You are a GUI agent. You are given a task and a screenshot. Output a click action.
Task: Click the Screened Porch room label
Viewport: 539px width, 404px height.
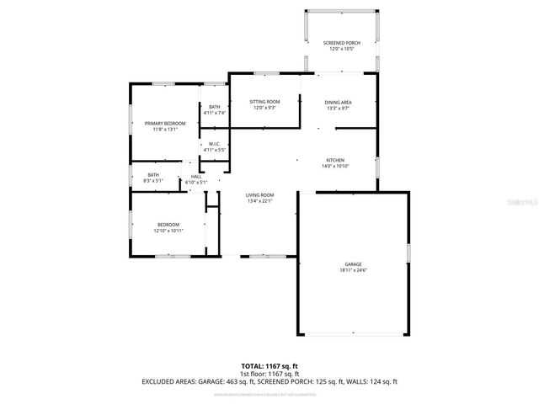click(x=341, y=42)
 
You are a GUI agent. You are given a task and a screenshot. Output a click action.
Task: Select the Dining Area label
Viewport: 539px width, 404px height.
click(x=337, y=102)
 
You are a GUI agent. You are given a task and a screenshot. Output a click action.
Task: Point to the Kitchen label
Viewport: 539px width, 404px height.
click(x=335, y=160)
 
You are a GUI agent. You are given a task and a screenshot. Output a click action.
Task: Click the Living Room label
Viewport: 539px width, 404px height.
click(x=260, y=194)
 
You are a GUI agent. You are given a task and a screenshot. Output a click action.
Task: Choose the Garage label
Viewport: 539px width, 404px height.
click(x=353, y=264)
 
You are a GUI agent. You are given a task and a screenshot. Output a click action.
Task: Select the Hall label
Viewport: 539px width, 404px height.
click(x=196, y=176)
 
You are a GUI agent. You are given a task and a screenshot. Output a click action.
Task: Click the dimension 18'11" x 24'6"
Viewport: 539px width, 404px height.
click(x=353, y=270)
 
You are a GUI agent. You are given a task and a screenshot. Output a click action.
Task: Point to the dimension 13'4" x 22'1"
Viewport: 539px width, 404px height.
click(x=260, y=200)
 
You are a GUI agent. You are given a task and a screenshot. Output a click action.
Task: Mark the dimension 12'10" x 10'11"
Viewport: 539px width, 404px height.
click(x=168, y=231)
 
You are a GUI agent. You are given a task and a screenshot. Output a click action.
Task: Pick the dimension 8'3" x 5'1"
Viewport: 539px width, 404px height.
click(x=153, y=181)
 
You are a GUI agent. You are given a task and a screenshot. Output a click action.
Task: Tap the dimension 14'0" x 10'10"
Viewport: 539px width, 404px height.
click(x=335, y=166)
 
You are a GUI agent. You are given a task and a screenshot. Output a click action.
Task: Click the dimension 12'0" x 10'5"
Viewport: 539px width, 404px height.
click(x=341, y=48)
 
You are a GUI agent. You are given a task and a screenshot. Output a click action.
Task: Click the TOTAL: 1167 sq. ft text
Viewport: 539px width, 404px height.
click(x=269, y=365)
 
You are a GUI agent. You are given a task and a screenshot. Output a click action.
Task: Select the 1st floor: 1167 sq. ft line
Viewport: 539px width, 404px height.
click(x=269, y=373)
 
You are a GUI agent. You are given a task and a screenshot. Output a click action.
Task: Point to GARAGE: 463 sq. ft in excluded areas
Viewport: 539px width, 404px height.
click(x=227, y=381)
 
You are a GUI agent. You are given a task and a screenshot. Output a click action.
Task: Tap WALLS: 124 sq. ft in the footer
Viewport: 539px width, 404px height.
click(x=371, y=381)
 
